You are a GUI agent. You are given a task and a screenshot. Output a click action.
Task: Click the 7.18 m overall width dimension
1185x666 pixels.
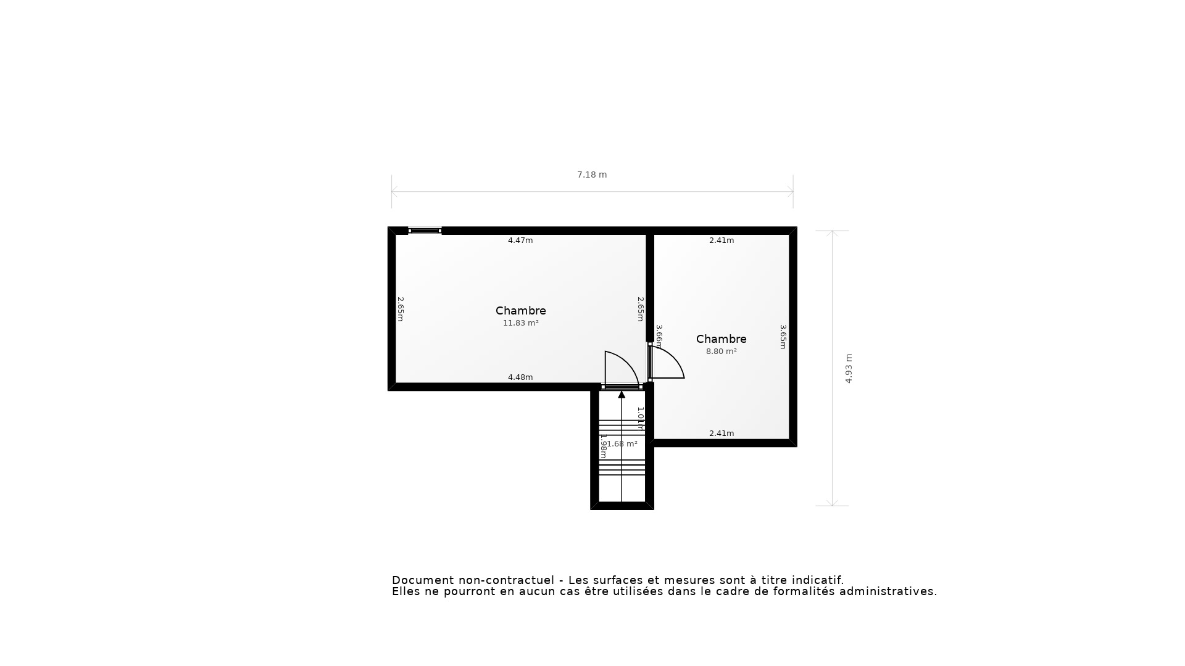(x=592, y=175)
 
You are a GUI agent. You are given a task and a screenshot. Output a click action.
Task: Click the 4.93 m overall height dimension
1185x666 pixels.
(x=849, y=368)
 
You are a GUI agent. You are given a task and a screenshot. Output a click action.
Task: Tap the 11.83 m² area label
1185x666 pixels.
(x=520, y=323)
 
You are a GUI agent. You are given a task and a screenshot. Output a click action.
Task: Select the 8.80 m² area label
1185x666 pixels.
(x=721, y=351)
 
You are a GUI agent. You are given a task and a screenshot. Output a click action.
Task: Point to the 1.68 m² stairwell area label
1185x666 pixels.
(x=621, y=444)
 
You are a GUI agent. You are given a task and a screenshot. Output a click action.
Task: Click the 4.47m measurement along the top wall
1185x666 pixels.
(x=520, y=240)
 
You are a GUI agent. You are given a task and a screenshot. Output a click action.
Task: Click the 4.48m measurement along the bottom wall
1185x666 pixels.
(x=520, y=377)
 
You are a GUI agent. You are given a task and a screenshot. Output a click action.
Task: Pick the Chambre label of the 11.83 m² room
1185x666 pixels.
(x=520, y=311)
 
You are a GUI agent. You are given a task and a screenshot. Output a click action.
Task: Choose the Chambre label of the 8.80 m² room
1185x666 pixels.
(x=721, y=339)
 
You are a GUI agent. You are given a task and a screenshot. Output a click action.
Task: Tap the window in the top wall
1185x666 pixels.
(x=425, y=231)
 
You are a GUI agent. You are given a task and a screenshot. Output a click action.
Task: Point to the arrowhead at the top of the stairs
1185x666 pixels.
(x=622, y=395)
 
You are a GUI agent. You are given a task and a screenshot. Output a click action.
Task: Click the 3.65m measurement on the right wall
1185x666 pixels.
(x=783, y=337)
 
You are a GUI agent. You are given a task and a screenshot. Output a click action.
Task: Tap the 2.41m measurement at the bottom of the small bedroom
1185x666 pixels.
(x=721, y=434)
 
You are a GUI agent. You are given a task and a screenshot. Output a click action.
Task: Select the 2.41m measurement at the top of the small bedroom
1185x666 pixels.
(x=721, y=240)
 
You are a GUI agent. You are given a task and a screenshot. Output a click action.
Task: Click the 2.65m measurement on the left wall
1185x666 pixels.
(x=400, y=309)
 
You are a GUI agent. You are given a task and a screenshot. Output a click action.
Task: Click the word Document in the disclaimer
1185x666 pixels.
(x=422, y=580)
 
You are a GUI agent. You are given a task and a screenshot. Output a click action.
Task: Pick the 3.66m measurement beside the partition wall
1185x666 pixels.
(x=659, y=336)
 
